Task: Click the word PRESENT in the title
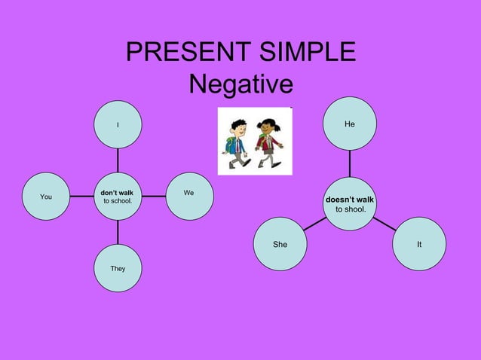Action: [178, 52]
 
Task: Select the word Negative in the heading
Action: [240, 84]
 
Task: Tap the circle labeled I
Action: [118, 124]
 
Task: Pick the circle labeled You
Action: [46, 197]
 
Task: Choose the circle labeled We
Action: [188, 196]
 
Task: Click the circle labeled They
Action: [118, 268]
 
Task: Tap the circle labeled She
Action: [280, 244]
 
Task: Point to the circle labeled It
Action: [418, 244]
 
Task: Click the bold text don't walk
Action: [117, 193]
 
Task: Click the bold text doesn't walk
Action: [349, 200]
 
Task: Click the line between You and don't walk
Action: [81, 197]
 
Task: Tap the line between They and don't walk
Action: [118, 232]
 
